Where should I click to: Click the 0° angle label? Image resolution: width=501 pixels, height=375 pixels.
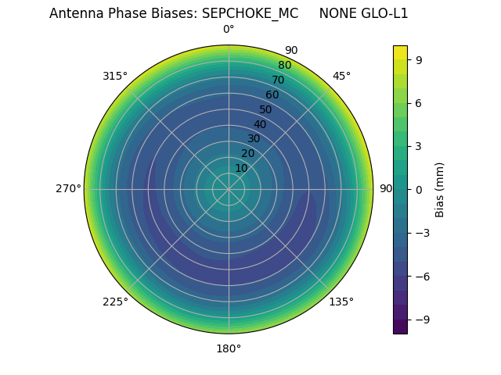229,30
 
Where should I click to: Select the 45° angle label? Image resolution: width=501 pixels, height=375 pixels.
341,76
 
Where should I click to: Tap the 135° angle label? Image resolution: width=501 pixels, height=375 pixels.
341,302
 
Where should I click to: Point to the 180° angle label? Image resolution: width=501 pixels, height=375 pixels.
229,348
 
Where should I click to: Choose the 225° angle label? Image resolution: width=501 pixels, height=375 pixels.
115,302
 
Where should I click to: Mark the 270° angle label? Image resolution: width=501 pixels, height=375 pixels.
68,188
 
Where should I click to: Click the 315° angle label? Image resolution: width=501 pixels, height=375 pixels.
115,76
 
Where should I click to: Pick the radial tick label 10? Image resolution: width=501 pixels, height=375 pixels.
241,168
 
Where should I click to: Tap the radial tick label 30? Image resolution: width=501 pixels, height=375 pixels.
254,138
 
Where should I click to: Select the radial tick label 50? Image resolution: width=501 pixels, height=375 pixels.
266,109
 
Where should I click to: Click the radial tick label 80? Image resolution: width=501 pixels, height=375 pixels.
284,66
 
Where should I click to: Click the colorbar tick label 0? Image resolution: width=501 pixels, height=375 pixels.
420,189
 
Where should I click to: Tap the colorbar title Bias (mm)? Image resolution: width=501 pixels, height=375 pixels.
440,189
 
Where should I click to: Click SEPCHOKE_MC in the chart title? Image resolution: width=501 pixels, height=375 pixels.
250,13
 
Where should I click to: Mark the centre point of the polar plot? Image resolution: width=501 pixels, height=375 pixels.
229,189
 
